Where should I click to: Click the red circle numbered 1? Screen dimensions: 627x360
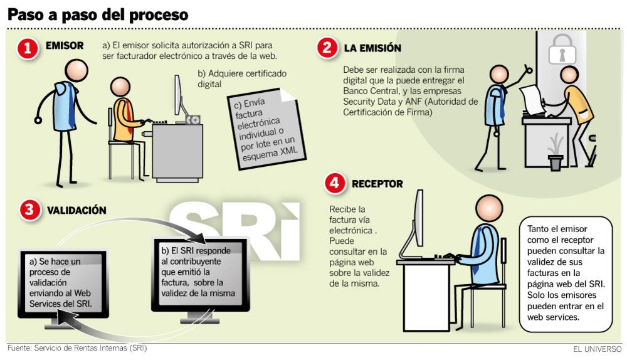28,49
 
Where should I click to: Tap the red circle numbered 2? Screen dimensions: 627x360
327,48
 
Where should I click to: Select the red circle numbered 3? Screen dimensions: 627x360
30,209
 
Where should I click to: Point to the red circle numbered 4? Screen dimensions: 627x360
335,183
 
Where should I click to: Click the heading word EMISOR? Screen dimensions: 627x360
65,46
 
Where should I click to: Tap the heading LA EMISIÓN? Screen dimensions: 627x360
372,48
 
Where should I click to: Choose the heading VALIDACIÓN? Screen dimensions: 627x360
76,210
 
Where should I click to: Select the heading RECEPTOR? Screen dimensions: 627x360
377,184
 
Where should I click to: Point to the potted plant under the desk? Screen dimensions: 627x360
556,153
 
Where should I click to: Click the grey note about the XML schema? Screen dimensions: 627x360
266,129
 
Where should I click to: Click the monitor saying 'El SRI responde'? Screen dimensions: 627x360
201,278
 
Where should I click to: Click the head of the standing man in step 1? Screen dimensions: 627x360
76,70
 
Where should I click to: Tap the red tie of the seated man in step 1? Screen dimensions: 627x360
127,115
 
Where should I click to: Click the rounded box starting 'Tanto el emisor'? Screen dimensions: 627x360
566,274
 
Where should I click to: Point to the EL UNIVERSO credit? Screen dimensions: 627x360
597,349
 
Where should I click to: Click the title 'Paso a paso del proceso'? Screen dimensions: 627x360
98,14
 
